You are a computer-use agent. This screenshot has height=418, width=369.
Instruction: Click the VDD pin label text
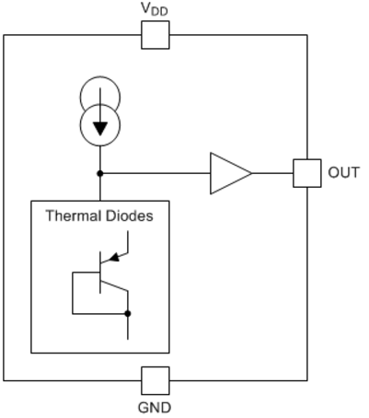coord(155,9)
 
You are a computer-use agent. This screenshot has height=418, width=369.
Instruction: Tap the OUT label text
coord(343,172)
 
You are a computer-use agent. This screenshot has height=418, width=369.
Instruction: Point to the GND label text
coord(155,408)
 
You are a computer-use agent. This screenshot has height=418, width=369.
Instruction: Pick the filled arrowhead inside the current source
coord(100,129)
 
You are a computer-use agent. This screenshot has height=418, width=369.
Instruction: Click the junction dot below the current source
coord(100,173)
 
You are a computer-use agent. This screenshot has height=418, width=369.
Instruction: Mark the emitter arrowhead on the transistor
coord(114,257)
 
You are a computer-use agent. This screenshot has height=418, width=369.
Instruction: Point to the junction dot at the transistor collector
coord(128,314)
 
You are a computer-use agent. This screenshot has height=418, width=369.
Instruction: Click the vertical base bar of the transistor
coord(100,273)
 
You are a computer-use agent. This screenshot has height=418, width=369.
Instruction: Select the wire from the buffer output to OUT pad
coord(272,173)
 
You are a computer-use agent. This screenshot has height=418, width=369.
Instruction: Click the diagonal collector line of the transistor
coord(114,285)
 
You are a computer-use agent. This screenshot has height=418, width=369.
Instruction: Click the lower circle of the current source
coord(100,145)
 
